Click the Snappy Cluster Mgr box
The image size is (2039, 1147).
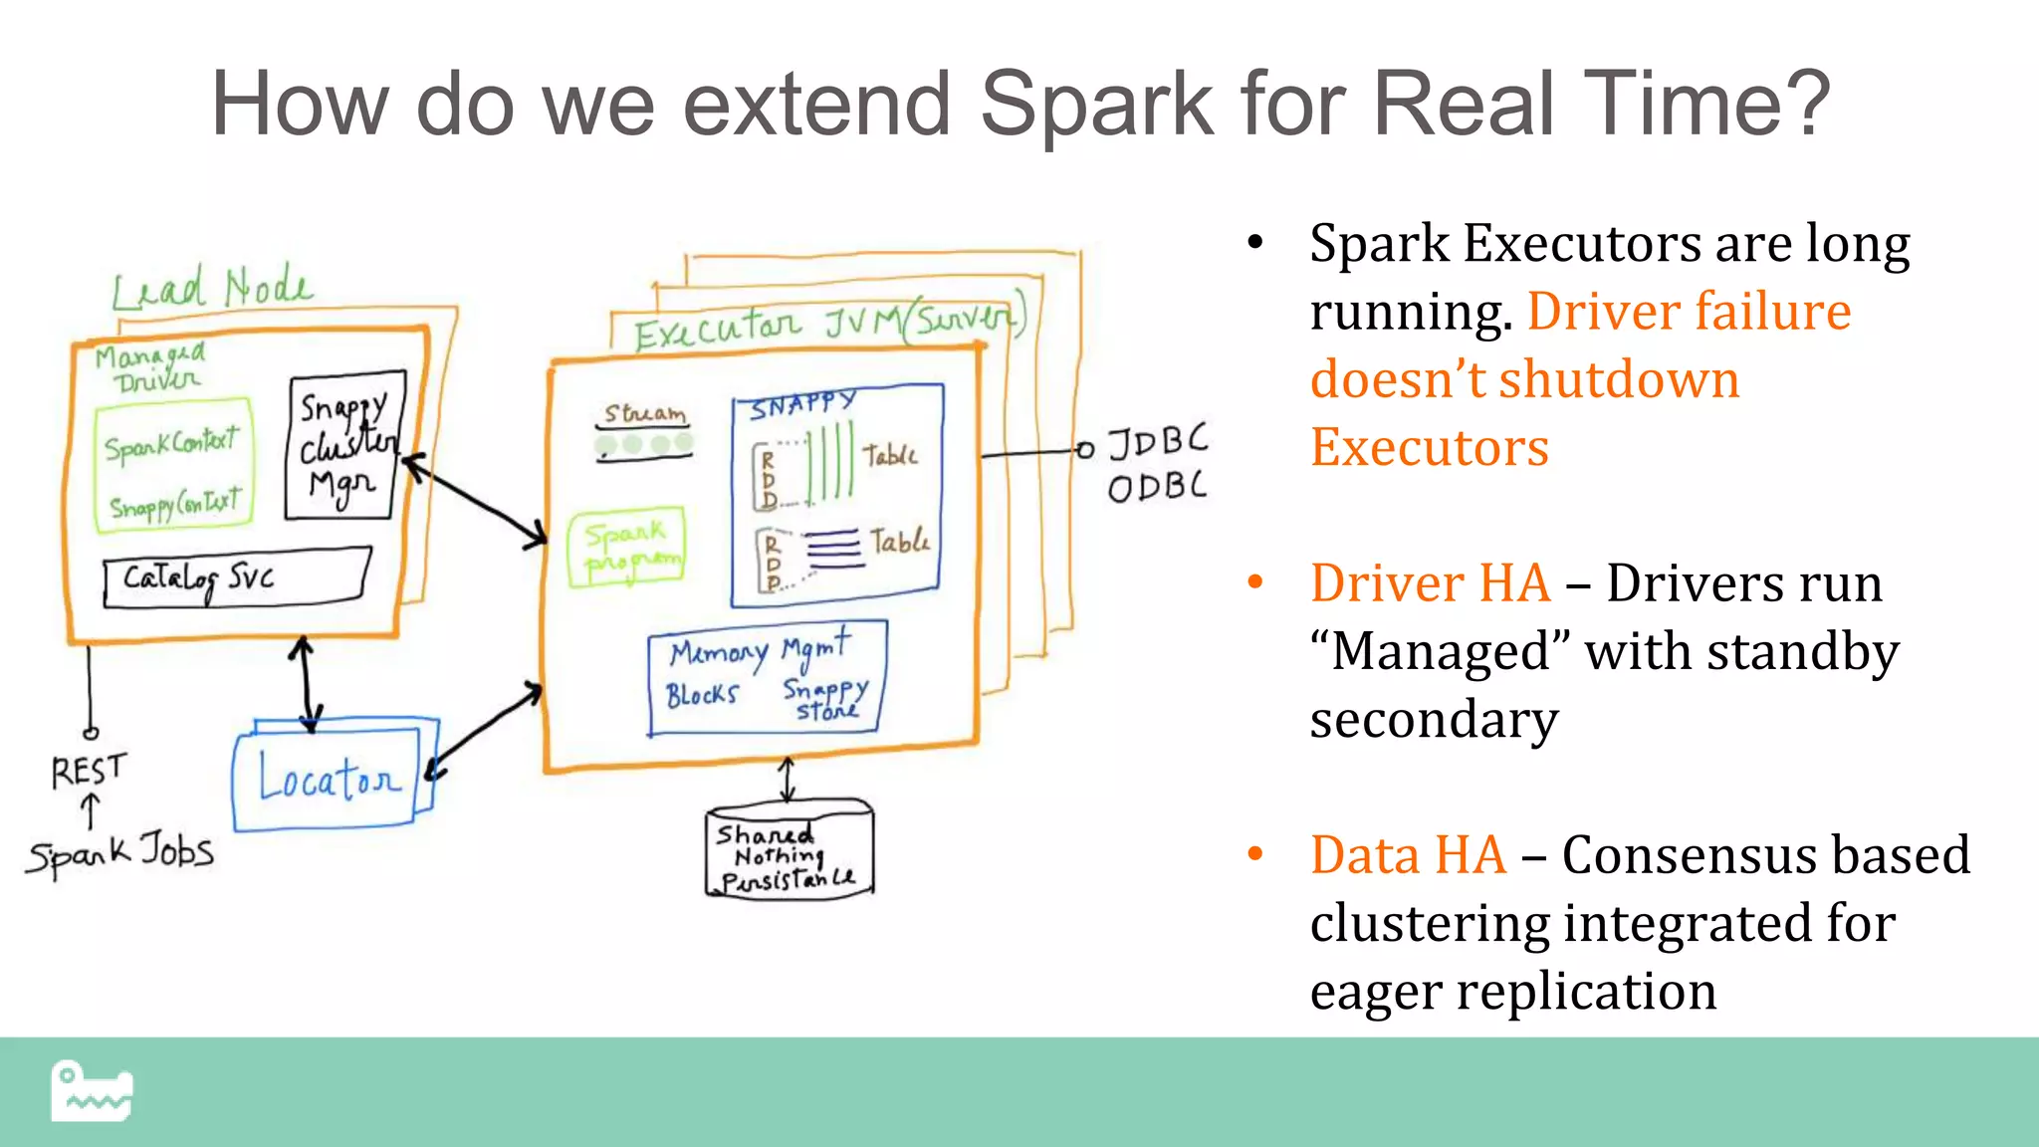[343, 447]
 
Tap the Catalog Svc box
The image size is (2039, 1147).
[236, 578]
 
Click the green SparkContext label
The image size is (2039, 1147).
[172, 444]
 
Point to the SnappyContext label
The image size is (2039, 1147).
[174, 505]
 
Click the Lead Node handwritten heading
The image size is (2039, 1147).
[211, 289]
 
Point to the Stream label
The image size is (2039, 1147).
[645, 413]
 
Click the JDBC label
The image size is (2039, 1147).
[1158, 441]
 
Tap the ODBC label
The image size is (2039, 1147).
[1157, 487]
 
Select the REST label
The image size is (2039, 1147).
[89, 770]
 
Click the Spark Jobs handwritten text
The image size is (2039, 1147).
[119, 854]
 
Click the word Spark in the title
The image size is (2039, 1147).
[1096, 104]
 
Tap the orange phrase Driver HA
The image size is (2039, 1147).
[1430, 583]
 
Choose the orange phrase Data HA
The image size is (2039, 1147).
[1408, 855]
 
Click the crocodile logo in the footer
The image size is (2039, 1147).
[92, 1091]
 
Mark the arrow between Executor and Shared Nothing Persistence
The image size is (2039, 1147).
[788, 780]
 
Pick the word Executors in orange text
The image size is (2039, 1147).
[1430, 447]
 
